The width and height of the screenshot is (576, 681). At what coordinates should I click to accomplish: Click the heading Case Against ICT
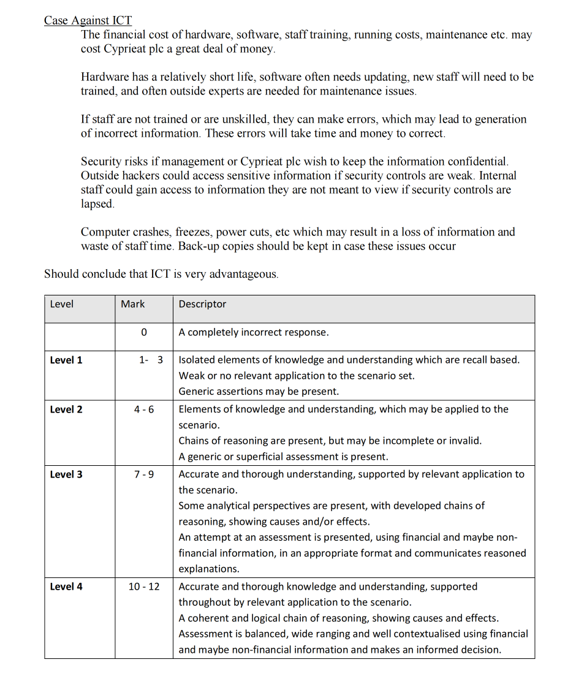coord(88,20)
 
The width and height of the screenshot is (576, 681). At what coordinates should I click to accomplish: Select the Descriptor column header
coord(202,304)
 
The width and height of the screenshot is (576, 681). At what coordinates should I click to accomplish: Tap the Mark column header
coord(133,304)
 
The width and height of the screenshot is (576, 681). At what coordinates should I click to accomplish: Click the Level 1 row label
coord(66,360)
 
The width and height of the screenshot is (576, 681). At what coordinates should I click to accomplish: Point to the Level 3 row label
coord(66,474)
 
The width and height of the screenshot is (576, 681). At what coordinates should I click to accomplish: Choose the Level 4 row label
coord(66,587)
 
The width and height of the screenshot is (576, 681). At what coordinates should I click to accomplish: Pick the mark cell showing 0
coord(143,332)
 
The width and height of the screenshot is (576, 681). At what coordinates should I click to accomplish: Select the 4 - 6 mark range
coord(144,409)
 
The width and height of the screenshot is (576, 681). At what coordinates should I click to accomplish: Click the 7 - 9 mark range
coord(144,474)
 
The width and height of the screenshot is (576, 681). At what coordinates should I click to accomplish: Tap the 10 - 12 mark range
coord(144,587)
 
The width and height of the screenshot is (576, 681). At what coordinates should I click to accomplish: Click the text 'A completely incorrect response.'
coord(254,332)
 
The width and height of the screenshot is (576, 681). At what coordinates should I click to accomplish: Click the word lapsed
coord(97,204)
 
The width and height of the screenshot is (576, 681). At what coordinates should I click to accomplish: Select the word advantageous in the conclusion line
coord(243,274)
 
